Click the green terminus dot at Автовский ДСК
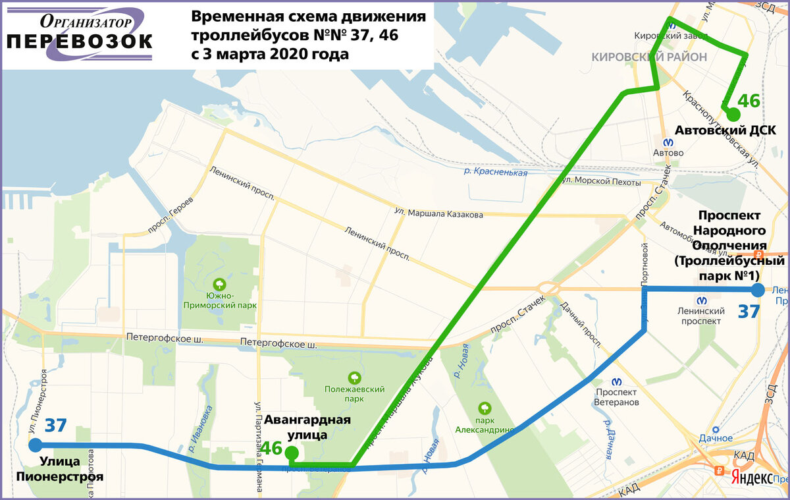coord(733,115)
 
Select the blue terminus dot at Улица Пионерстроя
coord(36,445)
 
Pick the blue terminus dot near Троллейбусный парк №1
coord(758,290)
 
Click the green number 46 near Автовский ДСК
coord(749,101)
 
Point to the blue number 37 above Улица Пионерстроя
coord(56,425)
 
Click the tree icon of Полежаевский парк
coord(354,377)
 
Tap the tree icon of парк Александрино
coord(486,408)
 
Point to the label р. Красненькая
coord(495,172)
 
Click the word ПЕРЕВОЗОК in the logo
coord(80,42)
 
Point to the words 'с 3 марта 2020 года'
coord(270,55)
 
